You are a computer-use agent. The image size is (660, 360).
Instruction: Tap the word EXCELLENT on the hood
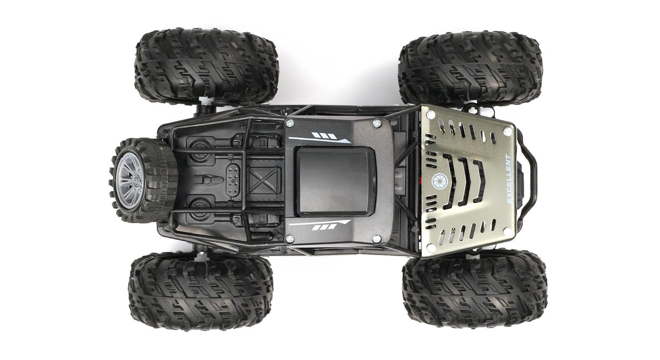click(509, 179)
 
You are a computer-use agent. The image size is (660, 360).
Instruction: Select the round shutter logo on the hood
click(439, 181)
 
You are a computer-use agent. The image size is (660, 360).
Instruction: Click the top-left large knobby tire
click(206, 67)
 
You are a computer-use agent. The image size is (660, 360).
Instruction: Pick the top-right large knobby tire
click(471, 68)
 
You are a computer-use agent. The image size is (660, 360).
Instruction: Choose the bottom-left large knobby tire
click(201, 291)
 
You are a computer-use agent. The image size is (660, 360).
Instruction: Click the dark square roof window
click(336, 182)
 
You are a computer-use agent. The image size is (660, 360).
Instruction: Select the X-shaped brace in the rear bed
click(263, 180)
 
